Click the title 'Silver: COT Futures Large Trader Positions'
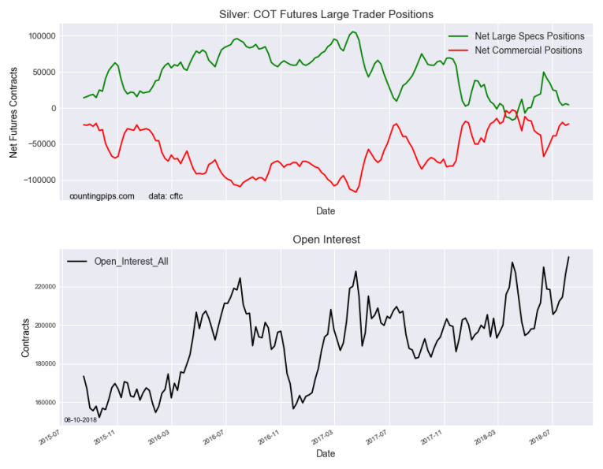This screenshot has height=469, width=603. click(x=325, y=14)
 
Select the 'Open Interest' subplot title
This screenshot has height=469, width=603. click(x=325, y=238)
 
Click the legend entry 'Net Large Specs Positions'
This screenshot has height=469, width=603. click(x=529, y=36)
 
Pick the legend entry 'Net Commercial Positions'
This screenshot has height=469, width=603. click(x=528, y=50)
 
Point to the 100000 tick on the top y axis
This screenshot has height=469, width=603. click(x=37, y=36)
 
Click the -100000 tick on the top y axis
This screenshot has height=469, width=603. click(x=35, y=180)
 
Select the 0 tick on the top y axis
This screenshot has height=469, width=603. click(x=51, y=108)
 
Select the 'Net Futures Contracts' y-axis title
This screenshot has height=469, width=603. click(x=13, y=110)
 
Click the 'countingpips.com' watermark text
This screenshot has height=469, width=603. click(x=102, y=195)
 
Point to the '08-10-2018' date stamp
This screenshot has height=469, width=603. click(x=79, y=420)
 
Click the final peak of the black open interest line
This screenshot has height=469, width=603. click(x=568, y=257)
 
